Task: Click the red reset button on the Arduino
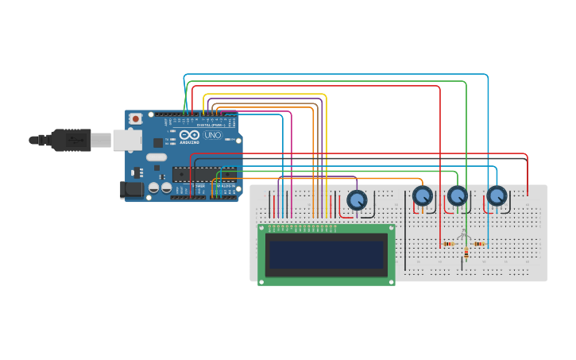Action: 136,118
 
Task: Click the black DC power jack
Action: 133,189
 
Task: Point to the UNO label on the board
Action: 213,135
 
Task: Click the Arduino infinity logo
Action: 189,135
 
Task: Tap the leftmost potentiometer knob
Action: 358,199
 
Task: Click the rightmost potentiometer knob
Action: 497,195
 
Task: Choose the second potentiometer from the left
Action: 422,195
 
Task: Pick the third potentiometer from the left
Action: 458,195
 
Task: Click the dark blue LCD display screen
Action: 326,254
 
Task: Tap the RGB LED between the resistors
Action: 465,235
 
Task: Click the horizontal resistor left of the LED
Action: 449,244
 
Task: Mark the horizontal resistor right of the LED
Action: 480,244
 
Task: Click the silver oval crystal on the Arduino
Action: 157,157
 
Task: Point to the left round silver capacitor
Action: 153,188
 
